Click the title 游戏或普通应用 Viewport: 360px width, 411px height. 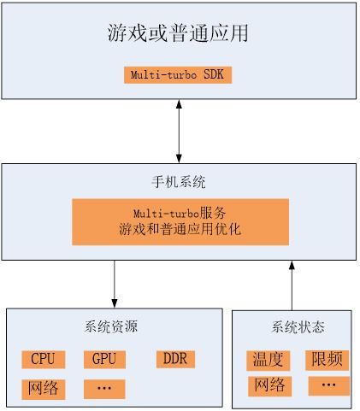click(178, 33)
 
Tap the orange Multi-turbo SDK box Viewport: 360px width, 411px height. click(178, 75)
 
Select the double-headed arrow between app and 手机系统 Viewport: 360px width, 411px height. click(179, 132)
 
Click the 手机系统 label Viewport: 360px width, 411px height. click(179, 182)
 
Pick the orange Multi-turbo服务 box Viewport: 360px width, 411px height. click(180, 222)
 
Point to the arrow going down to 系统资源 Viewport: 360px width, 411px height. click(115, 284)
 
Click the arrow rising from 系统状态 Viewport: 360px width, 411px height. click(292, 285)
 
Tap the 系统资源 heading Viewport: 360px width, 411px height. click(111, 326)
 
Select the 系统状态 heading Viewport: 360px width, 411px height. click(298, 326)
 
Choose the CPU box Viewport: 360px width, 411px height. click(44, 360)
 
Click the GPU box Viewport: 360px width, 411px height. click(104, 360)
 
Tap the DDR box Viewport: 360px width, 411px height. click(175, 359)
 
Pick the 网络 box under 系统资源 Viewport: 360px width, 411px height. click(44, 389)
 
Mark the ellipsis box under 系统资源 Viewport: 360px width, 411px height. click(104, 389)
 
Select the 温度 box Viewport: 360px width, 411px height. click(269, 361)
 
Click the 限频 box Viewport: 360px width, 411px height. click(328, 360)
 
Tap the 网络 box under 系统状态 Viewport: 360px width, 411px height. click(269, 386)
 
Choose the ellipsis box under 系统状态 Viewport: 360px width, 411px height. click(329, 385)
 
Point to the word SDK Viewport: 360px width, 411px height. click(214, 74)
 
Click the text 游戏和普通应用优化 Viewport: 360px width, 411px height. click(180, 229)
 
